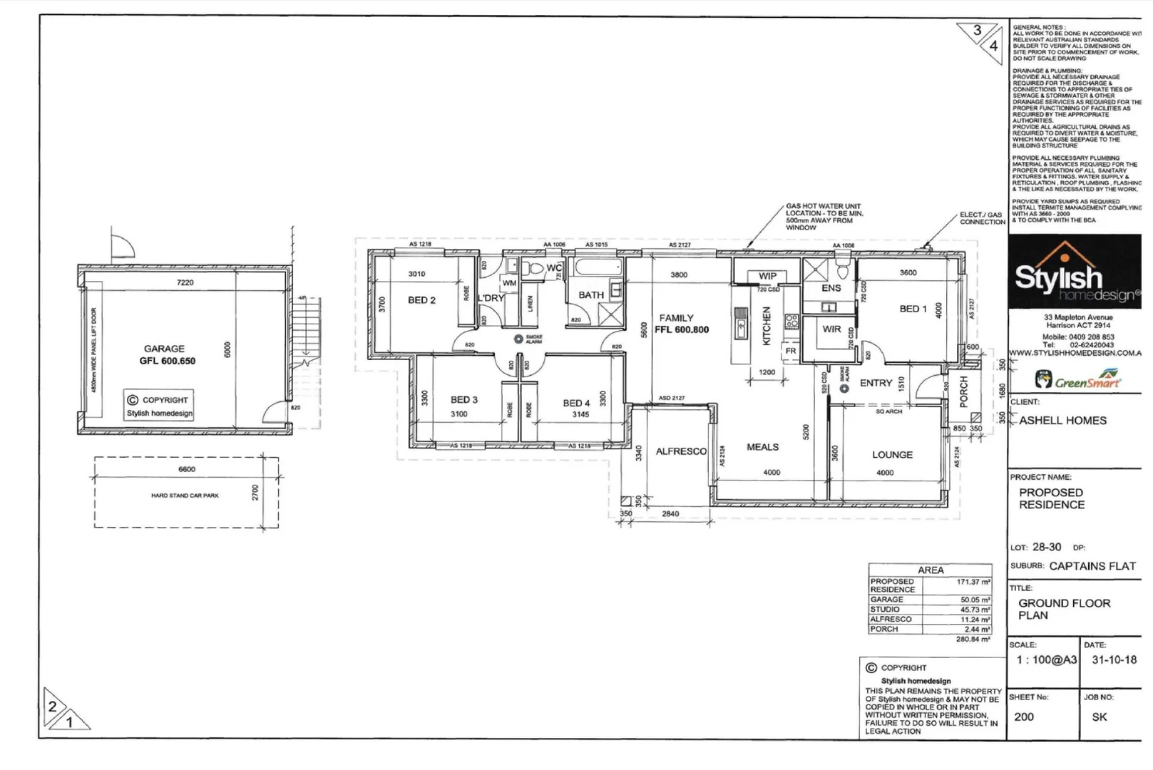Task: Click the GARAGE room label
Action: tap(164, 349)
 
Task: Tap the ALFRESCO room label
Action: tap(680, 451)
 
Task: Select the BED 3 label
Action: tap(464, 400)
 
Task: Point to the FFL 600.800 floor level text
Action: tap(682, 330)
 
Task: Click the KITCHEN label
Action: tap(767, 326)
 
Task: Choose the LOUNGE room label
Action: tap(892, 455)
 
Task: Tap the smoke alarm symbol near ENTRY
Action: tap(844, 389)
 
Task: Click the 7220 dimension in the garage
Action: tap(185, 283)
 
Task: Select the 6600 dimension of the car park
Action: tap(186, 469)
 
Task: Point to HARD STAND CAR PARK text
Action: tap(185, 496)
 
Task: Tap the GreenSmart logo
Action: tap(1077, 379)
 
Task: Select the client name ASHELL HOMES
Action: tap(1062, 421)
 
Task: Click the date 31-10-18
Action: tap(1114, 660)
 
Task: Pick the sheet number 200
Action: tap(1024, 717)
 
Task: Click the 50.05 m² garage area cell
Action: tap(975, 600)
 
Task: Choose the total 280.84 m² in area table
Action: tap(973, 640)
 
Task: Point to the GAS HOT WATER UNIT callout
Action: tap(824, 217)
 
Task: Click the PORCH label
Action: tap(964, 391)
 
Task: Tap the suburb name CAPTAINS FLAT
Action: tap(1092, 566)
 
